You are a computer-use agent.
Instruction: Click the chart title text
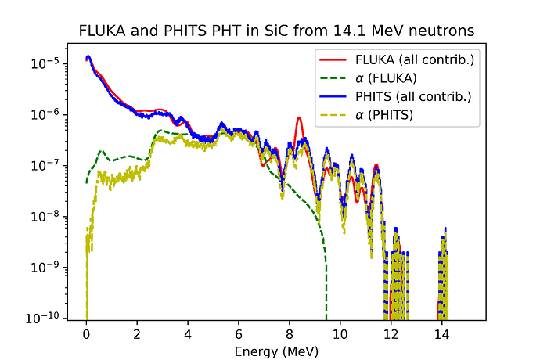point(276,31)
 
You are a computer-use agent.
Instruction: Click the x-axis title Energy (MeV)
point(276,352)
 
